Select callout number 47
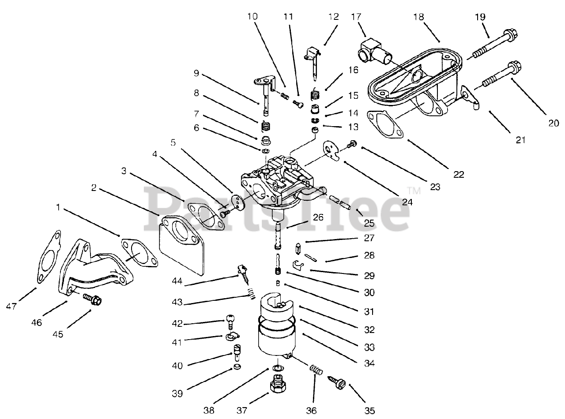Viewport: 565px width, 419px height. pos(12,306)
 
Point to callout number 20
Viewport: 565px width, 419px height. pos(554,123)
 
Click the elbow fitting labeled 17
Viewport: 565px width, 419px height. pos(372,50)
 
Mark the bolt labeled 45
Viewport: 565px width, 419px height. pos(92,300)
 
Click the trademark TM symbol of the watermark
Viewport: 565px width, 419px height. pos(414,191)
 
